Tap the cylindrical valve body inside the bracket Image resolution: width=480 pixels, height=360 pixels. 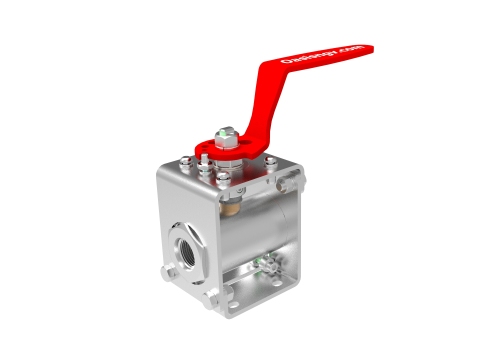tap(258, 225)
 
